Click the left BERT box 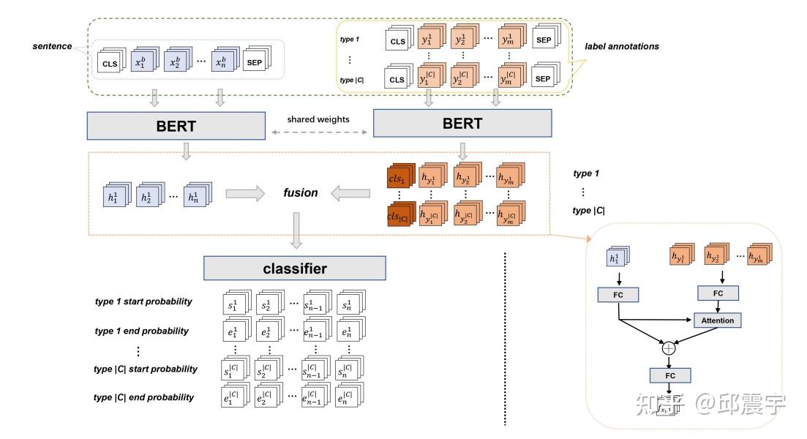pyautogui.click(x=176, y=125)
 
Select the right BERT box pyautogui.click(x=462, y=123)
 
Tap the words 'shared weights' pyautogui.click(x=319, y=119)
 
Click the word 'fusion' pyautogui.click(x=301, y=193)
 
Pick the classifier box pyautogui.click(x=294, y=269)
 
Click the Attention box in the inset pyautogui.click(x=717, y=320)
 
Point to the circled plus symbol pyautogui.click(x=669, y=348)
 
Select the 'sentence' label pyautogui.click(x=52, y=46)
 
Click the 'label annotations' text pyautogui.click(x=622, y=46)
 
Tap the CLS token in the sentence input pyautogui.click(x=110, y=64)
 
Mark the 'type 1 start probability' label pyautogui.click(x=143, y=301)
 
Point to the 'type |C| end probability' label pyautogui.click(x=144, y=397)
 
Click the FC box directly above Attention pyautogui.click(x=717, y=293)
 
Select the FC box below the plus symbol pyautogui.click(x=669, y=375)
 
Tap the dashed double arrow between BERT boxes pyautogui.click(x=319, y=133)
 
